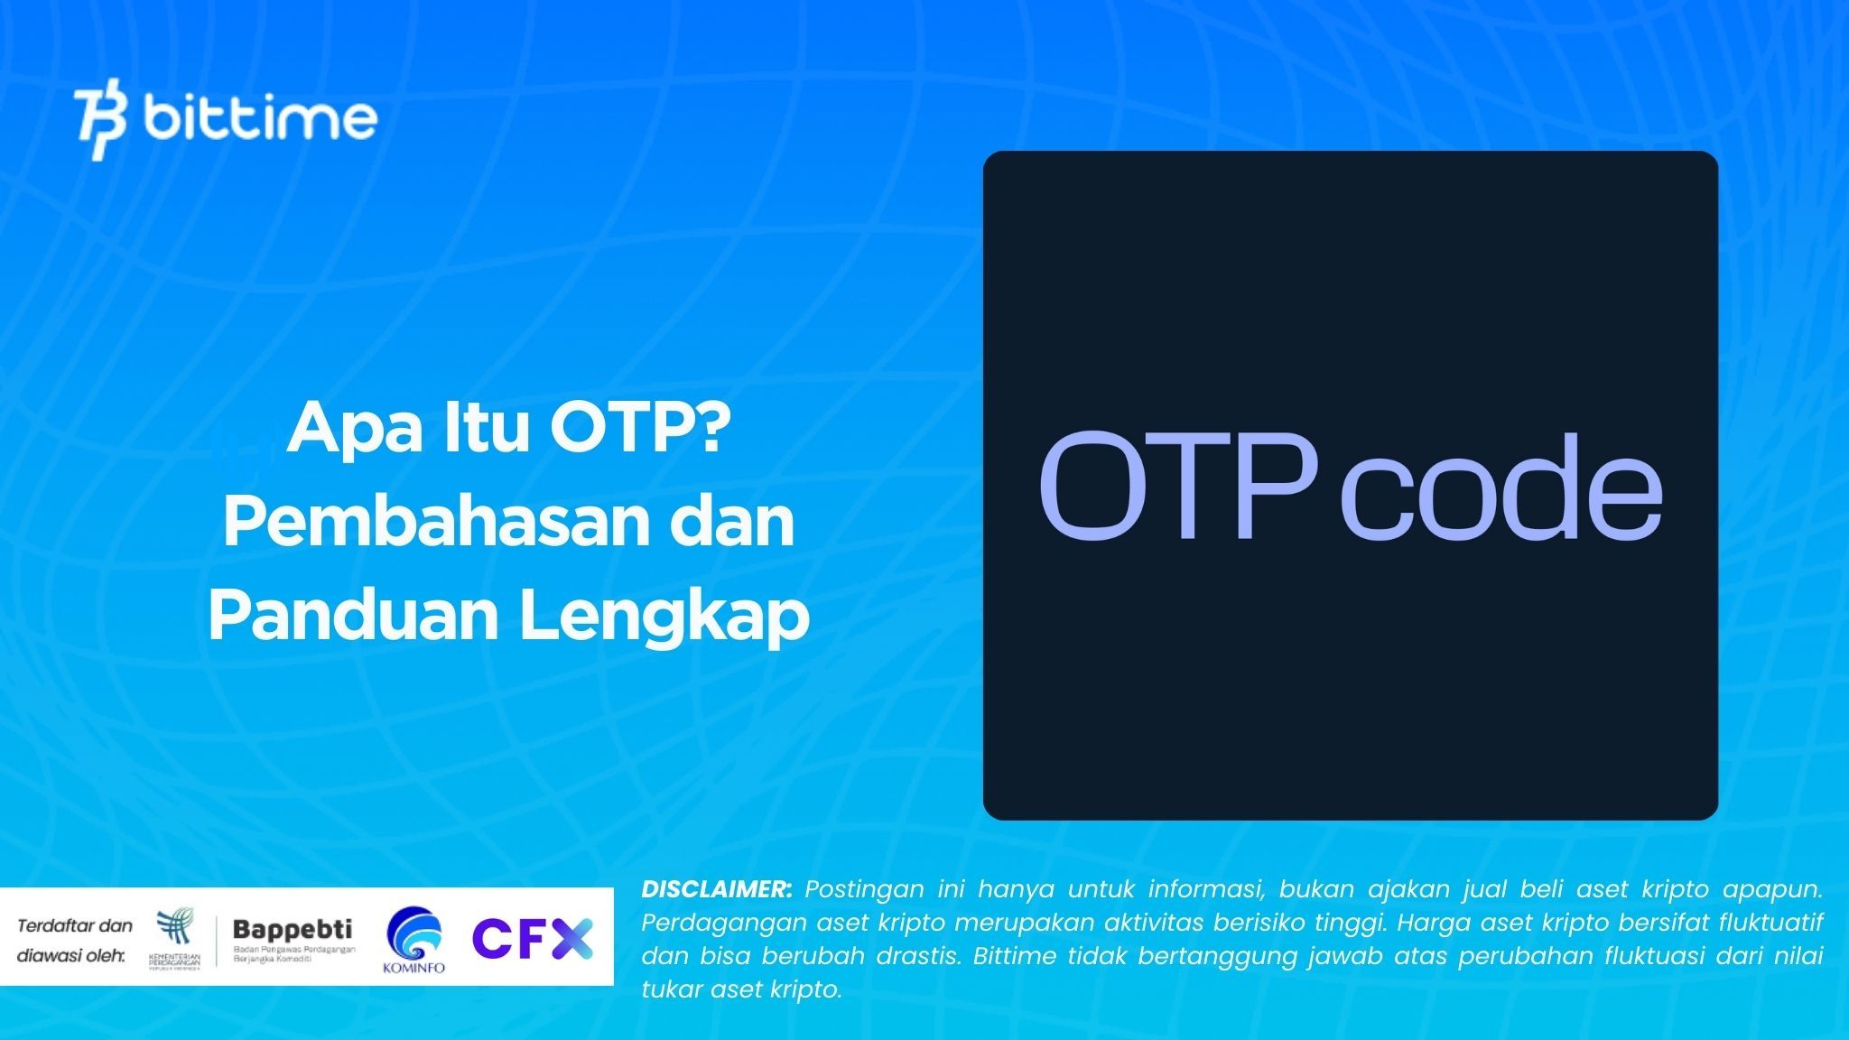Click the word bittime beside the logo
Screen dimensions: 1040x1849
click(260, 119)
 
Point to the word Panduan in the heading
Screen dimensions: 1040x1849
click(354, 616)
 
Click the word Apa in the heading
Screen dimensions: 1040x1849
click(355, 431)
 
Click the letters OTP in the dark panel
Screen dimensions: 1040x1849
click(1177, 487)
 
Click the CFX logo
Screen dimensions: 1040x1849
click(533, 939)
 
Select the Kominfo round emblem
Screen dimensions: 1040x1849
click(413, 934)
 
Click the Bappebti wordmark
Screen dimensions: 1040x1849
click(293, 929)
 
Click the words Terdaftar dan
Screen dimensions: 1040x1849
click(75, 925)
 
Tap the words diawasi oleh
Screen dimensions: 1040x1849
click(71, 955)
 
